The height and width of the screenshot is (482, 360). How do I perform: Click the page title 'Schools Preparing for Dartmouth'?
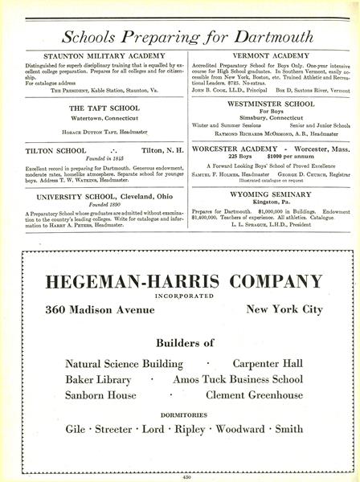(x=179, y=37)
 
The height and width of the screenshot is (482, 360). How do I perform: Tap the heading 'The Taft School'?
(x=104, y=107)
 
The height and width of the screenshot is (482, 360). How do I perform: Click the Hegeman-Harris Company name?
(x=178, y=281)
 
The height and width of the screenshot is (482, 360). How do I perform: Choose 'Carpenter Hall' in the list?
(x=268, y=364)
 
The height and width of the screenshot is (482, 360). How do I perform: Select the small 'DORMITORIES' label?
(x=180, y=415)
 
